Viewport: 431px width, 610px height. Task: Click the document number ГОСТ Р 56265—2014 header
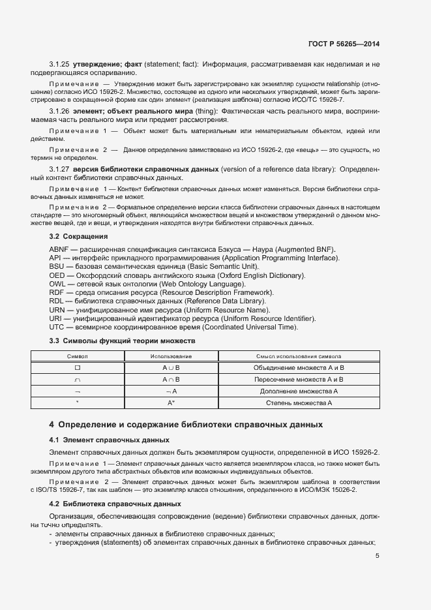coord(343,44)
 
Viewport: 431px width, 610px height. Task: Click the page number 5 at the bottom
coord(378,556)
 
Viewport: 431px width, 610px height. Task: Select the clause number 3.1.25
coord(59,64)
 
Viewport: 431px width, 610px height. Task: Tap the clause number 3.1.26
coord(59,112)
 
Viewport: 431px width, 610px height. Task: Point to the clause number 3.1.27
coord(59,169)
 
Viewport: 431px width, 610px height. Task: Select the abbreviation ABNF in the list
coord(59,250)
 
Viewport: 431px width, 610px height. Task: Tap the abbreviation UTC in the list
coord(57,327)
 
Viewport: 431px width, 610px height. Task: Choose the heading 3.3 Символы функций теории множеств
coord(123,341)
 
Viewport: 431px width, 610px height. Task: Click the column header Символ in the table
coord(78,357)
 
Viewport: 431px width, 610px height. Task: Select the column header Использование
coord(171,357)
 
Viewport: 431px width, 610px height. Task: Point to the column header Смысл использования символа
coord(298,357)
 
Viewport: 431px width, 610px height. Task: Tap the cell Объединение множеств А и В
coord(298,368)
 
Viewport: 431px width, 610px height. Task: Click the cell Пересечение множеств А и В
coord(298,380)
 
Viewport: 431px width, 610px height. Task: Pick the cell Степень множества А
coord(298,403)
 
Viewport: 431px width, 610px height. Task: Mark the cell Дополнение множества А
coord(298,391)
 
